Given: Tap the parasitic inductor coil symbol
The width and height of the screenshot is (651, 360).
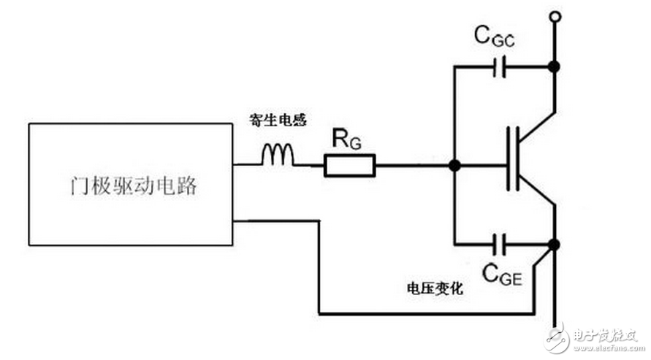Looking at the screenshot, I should (x=278, y=156).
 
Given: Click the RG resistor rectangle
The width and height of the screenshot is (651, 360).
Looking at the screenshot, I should (x=350, y=166).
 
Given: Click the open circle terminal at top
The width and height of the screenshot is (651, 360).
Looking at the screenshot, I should (x=555, y=15).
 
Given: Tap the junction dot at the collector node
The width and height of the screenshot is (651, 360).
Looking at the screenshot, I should (x=555, y=67).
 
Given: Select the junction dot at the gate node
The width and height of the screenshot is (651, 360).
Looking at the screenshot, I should (x=454, y=166).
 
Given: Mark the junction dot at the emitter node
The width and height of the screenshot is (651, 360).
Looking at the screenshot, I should (x=555, y=243).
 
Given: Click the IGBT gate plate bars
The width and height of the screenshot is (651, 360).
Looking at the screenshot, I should (x=514, y=158).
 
